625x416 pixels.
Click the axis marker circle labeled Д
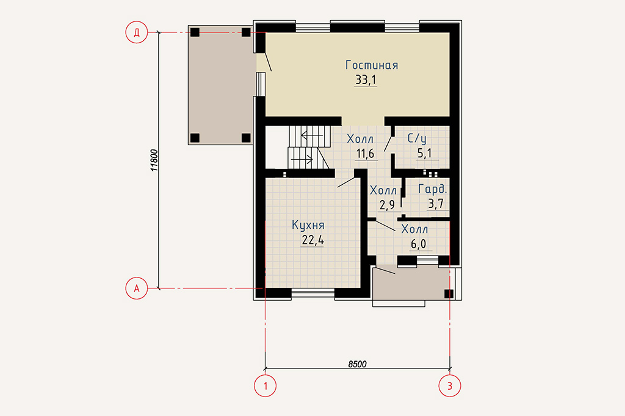(x=137, y=32)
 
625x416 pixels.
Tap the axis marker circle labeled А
(x=137, y=288)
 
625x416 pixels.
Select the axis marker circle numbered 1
(x=265, y=386)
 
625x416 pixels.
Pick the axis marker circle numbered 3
(x=450, y=386)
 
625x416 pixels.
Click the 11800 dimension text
(x=154, y=160)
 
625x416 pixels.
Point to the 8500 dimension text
(x=357, y=364)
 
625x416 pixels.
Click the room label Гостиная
(x=372, y=65)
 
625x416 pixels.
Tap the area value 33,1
(x=366, y=80)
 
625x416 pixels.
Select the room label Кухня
(x=308, y=225)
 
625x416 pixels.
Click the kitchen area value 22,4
(x=313, y=240)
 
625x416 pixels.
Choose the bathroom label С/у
(x=417, y=138)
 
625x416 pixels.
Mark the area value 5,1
(x=424, y=154)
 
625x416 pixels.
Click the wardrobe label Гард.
(x=433, y=189)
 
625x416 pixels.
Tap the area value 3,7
(x=436, y=204)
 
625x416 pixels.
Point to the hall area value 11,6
(x=365, y=154)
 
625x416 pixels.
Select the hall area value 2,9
(x=387, y=205)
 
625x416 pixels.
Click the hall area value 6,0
(x=419, y=244)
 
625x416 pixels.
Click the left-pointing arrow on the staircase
(x=312, y=135)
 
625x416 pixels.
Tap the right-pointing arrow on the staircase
(x=302, y=160)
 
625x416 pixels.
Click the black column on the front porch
(x=449, y=293)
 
